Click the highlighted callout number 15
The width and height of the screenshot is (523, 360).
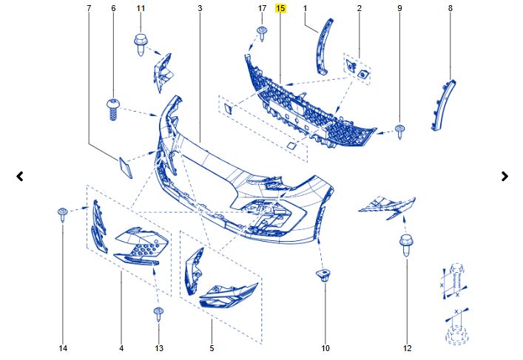click(x=280, y=8)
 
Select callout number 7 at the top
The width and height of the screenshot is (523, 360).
click(x=89, y=8)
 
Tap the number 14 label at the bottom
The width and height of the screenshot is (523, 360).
click(x=63, y=348)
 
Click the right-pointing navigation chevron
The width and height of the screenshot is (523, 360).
click(x=505, y=177)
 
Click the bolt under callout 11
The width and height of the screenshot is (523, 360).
click(x=141, y=44)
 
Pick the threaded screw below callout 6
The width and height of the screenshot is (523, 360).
click(x=113, y=109)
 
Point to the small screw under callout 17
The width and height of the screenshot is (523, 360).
click(x=263, y=34)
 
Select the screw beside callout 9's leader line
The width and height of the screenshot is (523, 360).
click(x=400, y=132)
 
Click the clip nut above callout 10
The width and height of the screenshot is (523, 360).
click(x=323, y=275)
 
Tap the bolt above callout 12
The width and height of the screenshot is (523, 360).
click(x=406, y=245)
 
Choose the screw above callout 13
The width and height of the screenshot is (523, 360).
click(x=158, y=314)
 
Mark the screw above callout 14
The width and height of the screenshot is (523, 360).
click(x=63, y=214)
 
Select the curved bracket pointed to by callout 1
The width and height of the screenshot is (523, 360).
click(x=323, y=47)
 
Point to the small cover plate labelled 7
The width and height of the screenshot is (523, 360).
click(x=125, y=167)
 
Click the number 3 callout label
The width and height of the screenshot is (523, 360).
click(x=200, y=8)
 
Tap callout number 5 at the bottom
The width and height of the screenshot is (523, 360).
click(x=212, y=348)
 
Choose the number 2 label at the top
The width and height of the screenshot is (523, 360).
click(x=360, y=8)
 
